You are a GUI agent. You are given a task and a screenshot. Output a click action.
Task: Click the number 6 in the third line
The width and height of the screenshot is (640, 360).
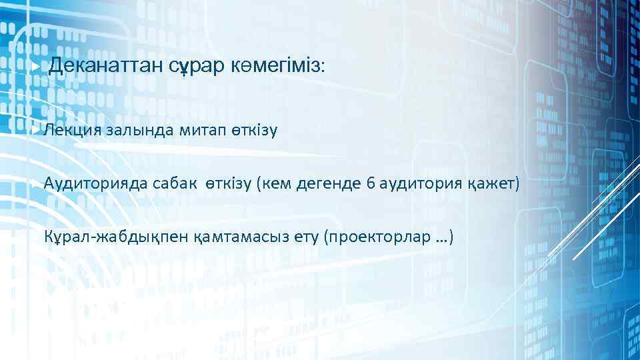370,183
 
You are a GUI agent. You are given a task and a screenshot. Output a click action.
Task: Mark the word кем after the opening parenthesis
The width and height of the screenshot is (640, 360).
276,183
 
